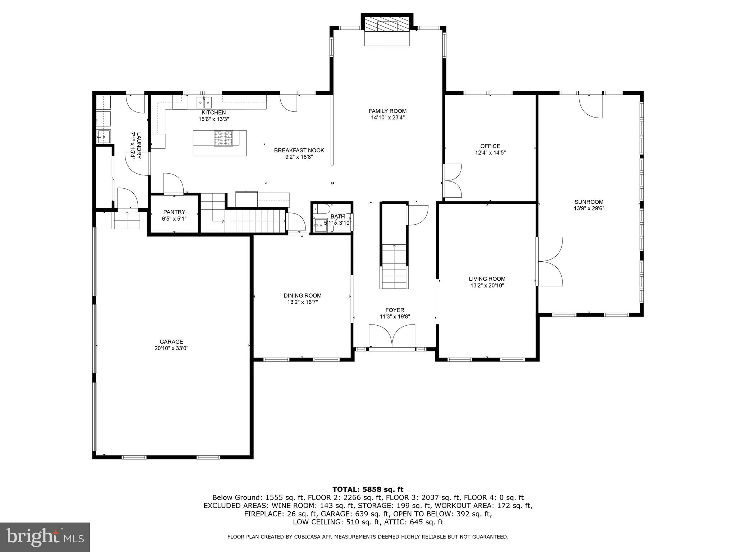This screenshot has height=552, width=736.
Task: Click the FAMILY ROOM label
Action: tap(387, 111)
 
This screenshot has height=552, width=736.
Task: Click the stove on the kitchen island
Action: tap(224, 138)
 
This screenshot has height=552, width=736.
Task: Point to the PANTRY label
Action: tap(174, 212)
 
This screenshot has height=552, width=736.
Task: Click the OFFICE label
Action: tap(490, 146)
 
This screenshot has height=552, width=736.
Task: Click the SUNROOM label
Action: tap(589, 202)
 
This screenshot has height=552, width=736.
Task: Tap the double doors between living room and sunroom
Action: tap(549, 261)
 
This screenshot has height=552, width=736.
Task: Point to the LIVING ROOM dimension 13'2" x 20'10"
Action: tap(487, 286)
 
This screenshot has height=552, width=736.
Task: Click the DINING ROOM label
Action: tap(302, 295)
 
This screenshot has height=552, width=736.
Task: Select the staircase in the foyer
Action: tap(394, 266)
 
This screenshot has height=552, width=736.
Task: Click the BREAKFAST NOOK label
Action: tap(299, 150)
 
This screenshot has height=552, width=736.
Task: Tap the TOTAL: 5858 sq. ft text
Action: tap(368, 489)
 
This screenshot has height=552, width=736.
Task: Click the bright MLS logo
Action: tap(45, 537)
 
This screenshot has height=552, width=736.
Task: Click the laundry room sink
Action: tap(103, 136)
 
